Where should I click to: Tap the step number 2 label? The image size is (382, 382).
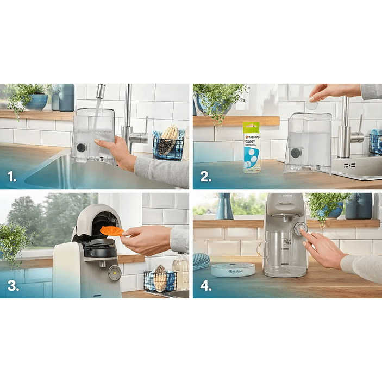(x=205, y=176)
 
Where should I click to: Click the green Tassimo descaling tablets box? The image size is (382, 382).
(x=251, y=147)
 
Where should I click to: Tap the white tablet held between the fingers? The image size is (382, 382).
(x=312, y=105)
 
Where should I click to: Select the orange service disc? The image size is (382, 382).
(x=111, y=231)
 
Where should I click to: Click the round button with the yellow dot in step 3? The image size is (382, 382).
(x=114, y=273)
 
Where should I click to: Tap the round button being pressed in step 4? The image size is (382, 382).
(x=300, y=229)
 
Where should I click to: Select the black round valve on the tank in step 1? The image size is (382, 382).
(x=82, y=147)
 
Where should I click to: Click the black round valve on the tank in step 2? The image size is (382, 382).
(x=296, y=153)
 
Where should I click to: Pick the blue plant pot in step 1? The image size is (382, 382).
(x=36, y=102)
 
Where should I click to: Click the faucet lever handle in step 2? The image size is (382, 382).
(x=358, y=135)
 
